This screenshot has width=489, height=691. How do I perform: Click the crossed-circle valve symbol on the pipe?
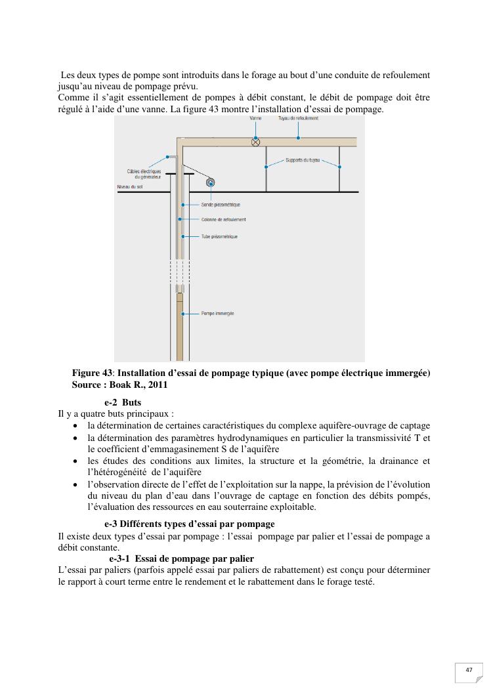[x=256, y=142]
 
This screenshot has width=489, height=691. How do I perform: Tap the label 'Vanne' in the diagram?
[x=256, y=119]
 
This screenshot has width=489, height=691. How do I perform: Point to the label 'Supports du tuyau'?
[x=303, y=159]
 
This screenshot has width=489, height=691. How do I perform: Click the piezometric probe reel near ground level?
[x=211, y=183]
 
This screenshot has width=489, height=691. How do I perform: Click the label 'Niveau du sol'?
[x=130, y=187]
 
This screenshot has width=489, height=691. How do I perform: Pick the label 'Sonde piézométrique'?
[x=221, y=205]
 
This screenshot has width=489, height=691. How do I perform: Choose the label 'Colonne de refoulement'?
[x=223, y=220]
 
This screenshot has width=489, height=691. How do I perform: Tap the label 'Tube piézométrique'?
[x=219, y=236]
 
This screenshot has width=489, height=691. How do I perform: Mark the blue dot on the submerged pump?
[x=183, y=314]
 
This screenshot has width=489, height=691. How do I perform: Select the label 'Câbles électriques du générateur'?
[x=144, y=174]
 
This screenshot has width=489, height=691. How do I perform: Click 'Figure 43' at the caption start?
[x=90, y=373]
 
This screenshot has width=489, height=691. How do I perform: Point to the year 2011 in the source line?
[x=158, y=385]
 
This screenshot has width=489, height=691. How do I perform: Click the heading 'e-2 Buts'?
[x=122, y=402]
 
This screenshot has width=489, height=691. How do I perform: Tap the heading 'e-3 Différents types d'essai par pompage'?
[x=189, y=524]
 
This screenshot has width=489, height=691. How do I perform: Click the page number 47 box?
[x=469, y=670]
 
